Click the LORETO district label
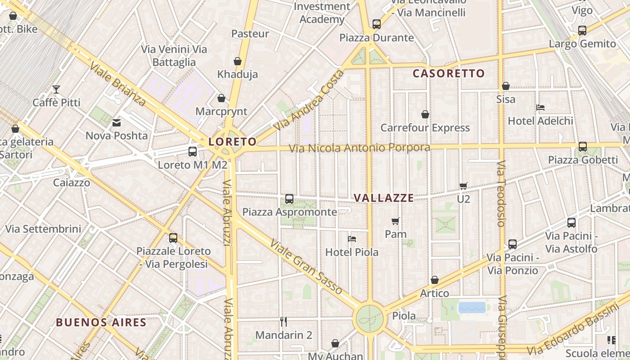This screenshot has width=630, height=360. point(232,142)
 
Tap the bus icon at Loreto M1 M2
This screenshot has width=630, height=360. point(193,152)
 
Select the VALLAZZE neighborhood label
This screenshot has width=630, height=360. point(383,198)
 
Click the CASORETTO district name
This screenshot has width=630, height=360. point(449,73)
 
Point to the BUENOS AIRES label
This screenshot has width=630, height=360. point(101,322)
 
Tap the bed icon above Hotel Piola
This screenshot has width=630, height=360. point(352,239)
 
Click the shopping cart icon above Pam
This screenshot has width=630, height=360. point(396,221)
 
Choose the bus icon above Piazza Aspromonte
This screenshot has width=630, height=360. point(289,199)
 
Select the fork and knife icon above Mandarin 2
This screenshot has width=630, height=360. point(283,322)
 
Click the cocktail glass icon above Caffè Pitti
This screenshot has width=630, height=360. point(56,90)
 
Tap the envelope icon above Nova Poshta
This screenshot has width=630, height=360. point(117,122)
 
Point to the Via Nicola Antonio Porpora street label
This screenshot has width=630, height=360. point(359,148)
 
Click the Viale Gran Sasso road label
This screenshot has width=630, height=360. point(306,266)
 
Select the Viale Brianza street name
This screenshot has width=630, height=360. point(118,84)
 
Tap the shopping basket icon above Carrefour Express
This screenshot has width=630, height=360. point(425,115)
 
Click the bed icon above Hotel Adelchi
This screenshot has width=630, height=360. point(540,108)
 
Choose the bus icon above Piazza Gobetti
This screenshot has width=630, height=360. point(583,147)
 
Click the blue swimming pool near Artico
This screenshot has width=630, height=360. point(472,308)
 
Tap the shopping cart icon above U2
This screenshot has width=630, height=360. point(463,186)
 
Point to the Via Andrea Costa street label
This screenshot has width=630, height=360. point(309,101)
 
